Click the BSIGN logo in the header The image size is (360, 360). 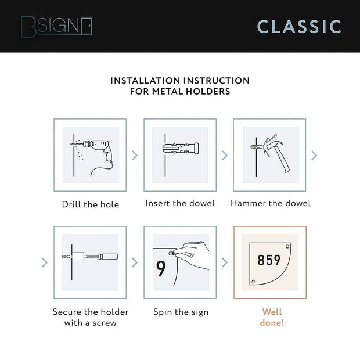[x=56, y=26]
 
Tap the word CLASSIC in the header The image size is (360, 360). [x=299, y=26]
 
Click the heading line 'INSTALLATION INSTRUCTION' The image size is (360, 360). [x=180, y=81]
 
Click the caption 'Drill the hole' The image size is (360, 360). [x=90, y=204]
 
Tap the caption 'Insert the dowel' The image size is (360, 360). [x=180, y=203]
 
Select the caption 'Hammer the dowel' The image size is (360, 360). [x=271, y=203]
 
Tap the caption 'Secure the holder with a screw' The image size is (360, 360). [x=91, y=317]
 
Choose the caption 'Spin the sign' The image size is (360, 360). [x=181, y=312]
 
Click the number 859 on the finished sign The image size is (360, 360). [x=269, y=260]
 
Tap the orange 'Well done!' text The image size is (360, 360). [x=273, y=317]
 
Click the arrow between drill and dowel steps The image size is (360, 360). [x=135, y=156]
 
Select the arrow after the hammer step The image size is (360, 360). [x=314, y=156]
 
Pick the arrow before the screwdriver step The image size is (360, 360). [x=45, y=262]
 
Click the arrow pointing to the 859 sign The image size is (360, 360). [x=225, y=262]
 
